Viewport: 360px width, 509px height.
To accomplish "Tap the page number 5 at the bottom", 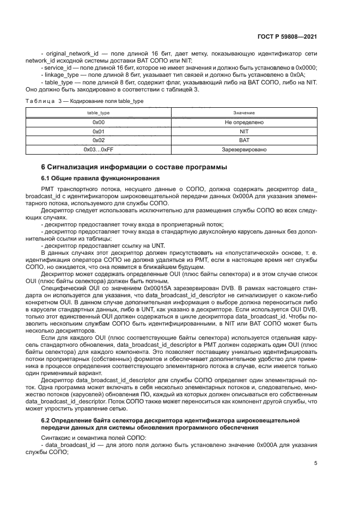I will click(x=315, y=463).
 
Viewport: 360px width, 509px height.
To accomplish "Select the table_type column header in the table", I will click(x=98, y=112).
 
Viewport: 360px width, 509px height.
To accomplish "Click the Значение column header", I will click(x=243, y=112).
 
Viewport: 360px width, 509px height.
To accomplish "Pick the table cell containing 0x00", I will click(x=98, y=122).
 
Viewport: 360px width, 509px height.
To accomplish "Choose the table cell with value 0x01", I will click(x=98, y=131).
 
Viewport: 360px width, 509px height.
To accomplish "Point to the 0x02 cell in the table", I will click(x=98, y=140).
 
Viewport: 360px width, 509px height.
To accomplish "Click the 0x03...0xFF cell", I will click(x=98, y=149).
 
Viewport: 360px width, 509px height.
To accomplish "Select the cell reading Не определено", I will click(x=243, y=122).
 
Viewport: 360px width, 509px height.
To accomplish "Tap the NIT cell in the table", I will click(x=243, y=131).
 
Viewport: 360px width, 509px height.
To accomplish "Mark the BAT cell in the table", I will click(x=243, y=140).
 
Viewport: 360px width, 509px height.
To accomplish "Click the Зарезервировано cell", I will click(x=243, y=149).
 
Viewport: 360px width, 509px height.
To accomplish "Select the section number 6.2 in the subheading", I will click(x=47, y=420).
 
